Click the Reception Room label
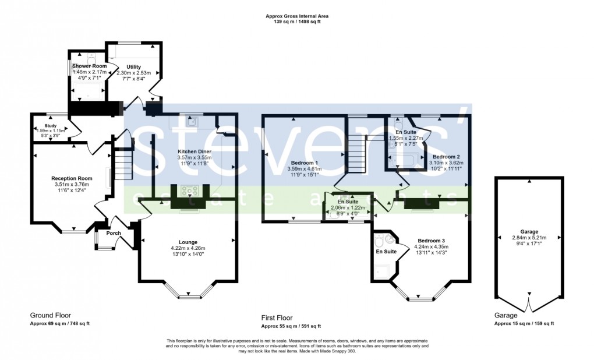point(72,178)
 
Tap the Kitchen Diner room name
point(195,151)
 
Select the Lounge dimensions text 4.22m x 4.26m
point(188,248)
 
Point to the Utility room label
point(133,67)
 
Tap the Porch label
point(114,233)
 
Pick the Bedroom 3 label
point(431,240)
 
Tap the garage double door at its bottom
point(529,304)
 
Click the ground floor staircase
point(123,164)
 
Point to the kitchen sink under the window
point(191,121)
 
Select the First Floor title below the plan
point(277,317)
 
